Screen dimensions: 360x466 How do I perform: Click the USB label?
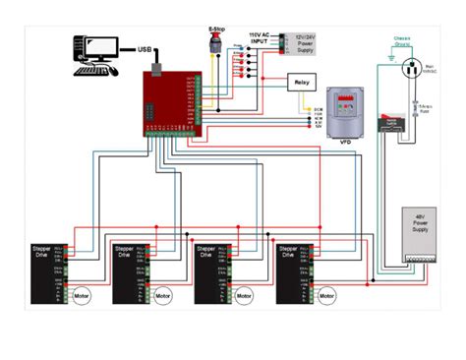click(145, 49)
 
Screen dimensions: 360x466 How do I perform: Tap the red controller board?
click(171, 102)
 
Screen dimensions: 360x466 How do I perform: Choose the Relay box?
click(302, 84)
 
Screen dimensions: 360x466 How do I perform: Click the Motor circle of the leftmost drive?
click(82, 294)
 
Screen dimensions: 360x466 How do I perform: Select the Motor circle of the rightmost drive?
click(326, 294)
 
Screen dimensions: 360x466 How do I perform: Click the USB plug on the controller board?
click(156, 70)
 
